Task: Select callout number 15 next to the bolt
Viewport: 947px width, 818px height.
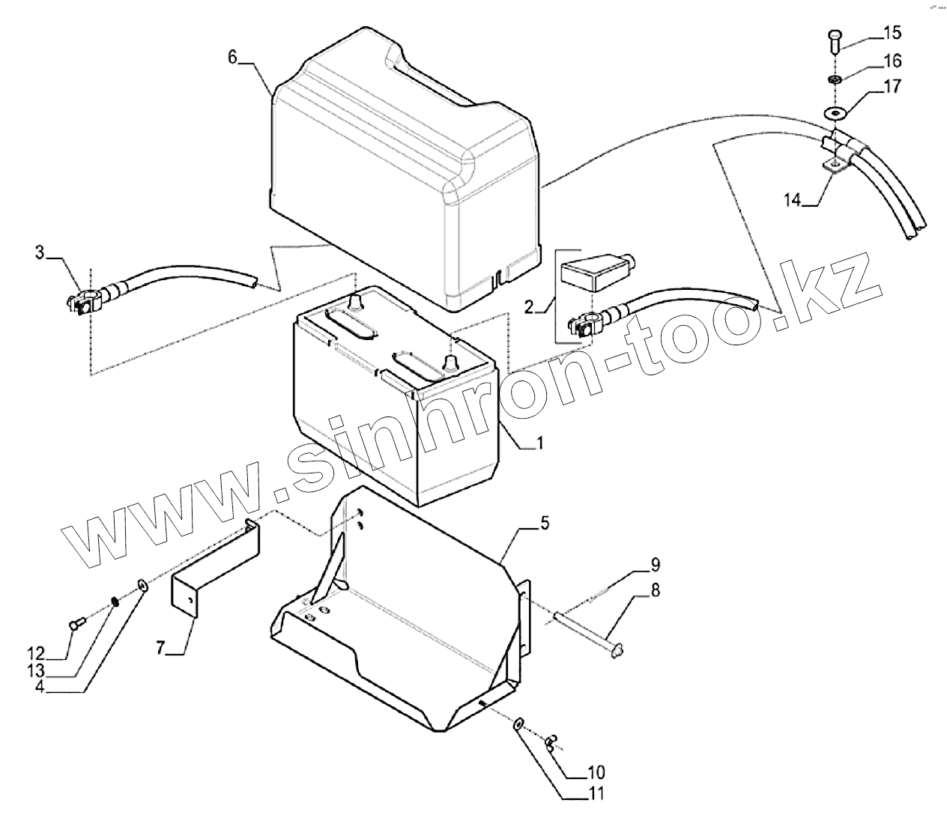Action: [892, 33]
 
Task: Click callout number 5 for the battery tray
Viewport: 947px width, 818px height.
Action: [544, 523]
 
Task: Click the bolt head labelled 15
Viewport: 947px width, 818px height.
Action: [836, 37]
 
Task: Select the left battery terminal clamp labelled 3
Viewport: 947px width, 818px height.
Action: [84, 304]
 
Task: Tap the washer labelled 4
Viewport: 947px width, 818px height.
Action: [141, 585]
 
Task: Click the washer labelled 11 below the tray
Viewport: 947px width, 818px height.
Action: [517, 724]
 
